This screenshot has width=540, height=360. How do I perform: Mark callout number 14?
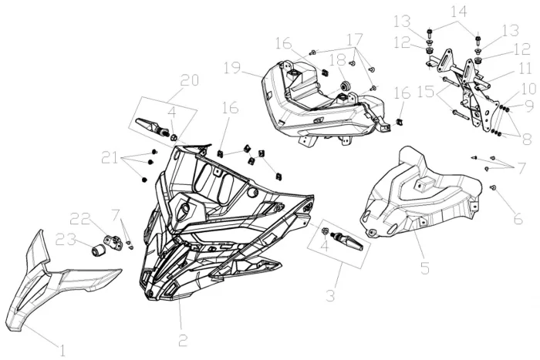coord(459,12)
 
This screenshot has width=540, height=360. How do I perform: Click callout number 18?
coord(338,60)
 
